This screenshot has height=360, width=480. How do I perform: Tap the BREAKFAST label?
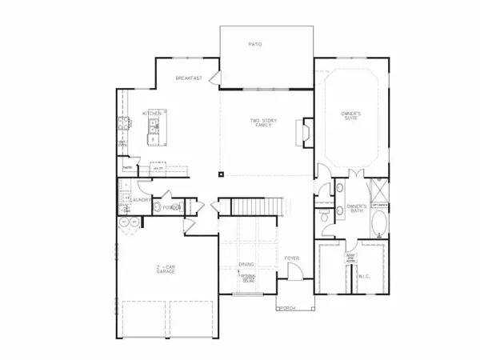tap(190, 78)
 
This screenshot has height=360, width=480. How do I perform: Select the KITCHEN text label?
tap(153, 114)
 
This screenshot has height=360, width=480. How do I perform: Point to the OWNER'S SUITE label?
tap(351, 118)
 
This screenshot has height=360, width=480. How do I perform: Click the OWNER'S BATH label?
tap(356, 209)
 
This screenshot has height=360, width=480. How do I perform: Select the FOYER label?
tap(292, 258)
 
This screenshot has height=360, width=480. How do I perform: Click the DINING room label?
tap(248, 264)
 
